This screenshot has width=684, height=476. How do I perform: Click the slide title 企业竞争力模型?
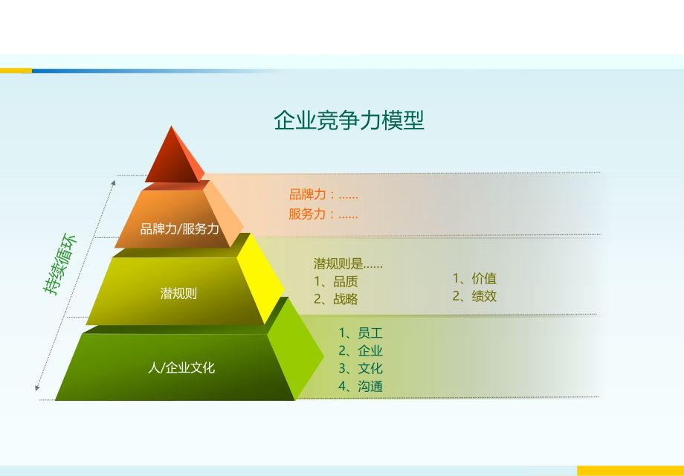pyautogui.click(x=349, y=120)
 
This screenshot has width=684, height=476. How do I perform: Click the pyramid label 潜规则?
pyautogui.click(x=178, y=293)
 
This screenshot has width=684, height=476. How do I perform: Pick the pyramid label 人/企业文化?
pyautogui.click(x=181, y=367)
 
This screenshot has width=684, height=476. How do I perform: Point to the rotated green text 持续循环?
pyautogui.click(x=60, y=264)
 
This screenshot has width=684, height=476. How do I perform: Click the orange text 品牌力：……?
pyautogui.click(x=323, y=196)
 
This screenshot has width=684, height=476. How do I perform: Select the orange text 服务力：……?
pyautogui.click(x=323, y=215)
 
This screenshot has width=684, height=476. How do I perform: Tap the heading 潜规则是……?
pyautogui.click(x=348, y=264)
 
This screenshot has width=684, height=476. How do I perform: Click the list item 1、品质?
pyautogui.click(x=335, y=282)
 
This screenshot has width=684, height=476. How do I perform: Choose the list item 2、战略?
pyautogui.click(x=335, y=300)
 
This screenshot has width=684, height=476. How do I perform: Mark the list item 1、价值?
pyautogui.click(x=474, y=279)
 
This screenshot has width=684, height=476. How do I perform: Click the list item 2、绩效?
pyautogui.click(x=474, y=297)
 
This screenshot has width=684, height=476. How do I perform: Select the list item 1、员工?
pyautogui.click(x=361, y=333)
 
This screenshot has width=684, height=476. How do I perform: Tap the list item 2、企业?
pyautogui.click(x=361, y=351)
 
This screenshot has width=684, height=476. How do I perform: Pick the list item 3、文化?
pyautogui.click(x=361, y=369)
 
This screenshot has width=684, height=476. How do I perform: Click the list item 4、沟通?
pyautogui.click(x=361, y=387)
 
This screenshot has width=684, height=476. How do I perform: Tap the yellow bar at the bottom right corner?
pyautogui.click(x=630, y=471)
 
